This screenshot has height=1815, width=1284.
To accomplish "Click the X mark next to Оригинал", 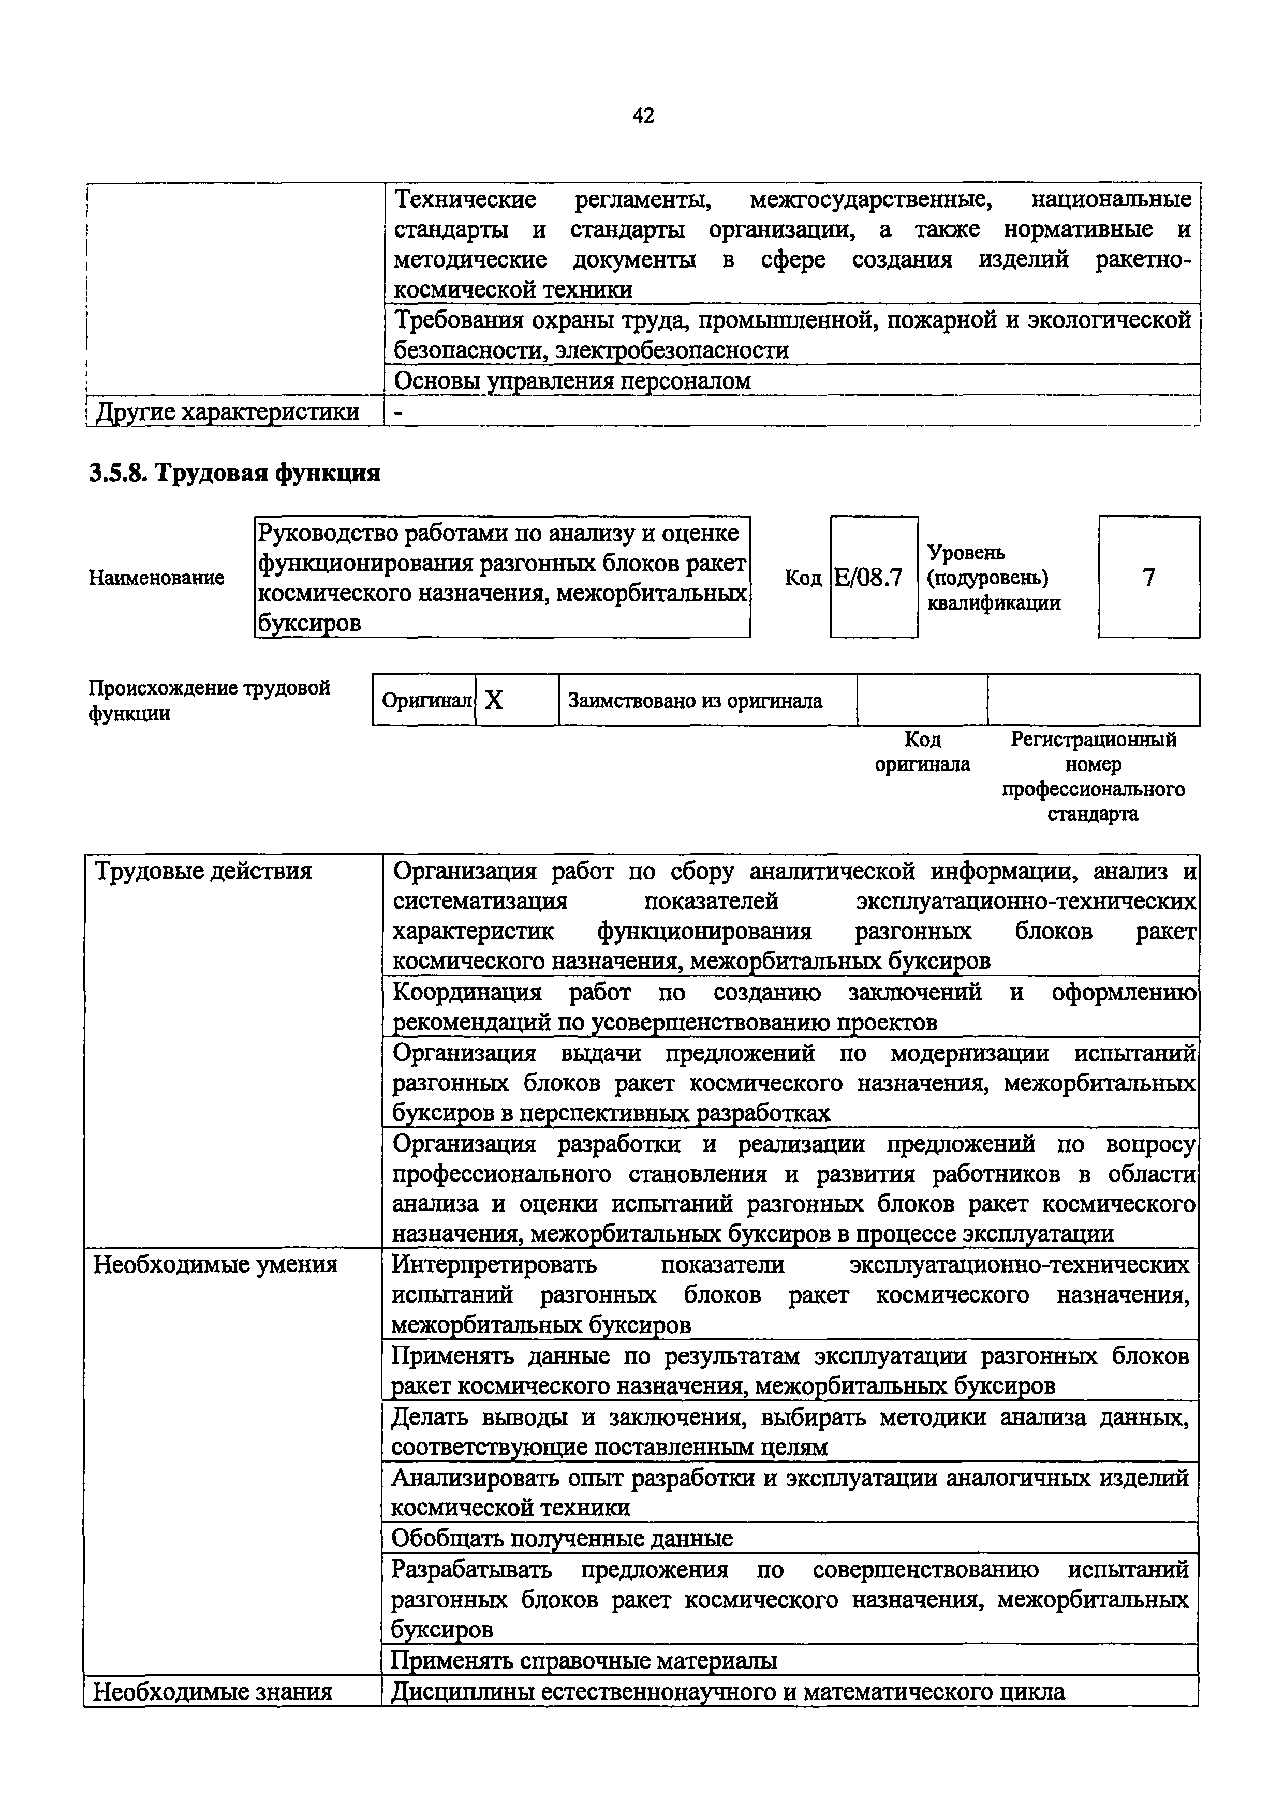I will coord(494,700).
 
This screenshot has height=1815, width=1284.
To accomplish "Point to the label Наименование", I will coord(156,578).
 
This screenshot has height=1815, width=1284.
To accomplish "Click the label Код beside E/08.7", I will coord(803,578).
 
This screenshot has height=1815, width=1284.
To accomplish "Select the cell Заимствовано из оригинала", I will coord(695,700).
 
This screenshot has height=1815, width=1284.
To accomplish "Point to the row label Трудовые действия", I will coord(203,872).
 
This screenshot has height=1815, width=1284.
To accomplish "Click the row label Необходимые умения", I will coord(216,1265).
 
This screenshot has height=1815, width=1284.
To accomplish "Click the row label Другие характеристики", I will coord(227,412).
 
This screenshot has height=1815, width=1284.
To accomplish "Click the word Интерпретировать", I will coord(494,1265).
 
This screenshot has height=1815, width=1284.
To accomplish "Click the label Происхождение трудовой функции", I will coord(209,700).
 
